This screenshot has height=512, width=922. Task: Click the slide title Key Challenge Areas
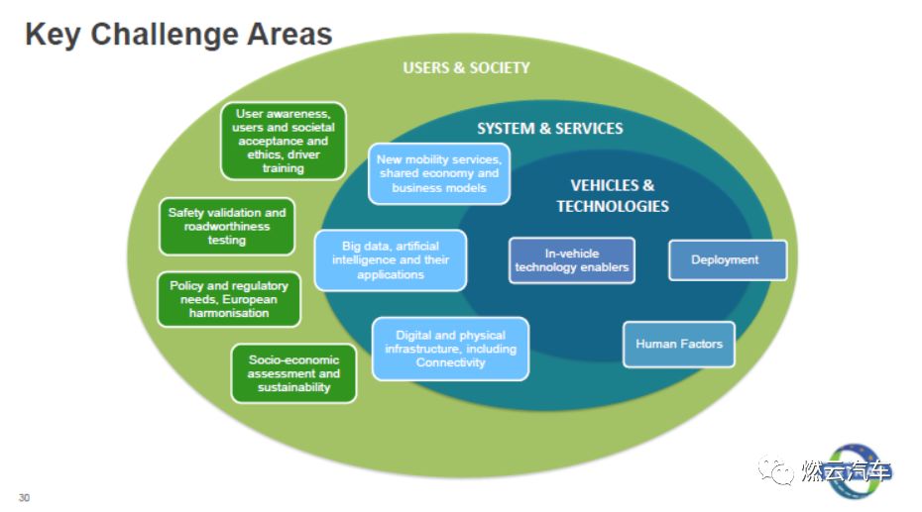[x=178, y=34]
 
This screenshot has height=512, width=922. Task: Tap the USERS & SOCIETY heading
[x=466, y=68]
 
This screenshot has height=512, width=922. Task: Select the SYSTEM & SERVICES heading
[x=550, y=129]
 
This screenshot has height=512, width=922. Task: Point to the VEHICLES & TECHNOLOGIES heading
[x=613, y=195]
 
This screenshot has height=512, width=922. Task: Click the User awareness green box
[x=284, y=141]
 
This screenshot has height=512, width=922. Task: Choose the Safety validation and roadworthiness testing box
[x=227, y=226]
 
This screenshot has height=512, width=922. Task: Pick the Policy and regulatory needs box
[x=229, y=299]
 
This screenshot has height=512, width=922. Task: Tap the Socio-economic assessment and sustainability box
[x=294, y=373]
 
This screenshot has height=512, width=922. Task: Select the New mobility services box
[x=439, y=173]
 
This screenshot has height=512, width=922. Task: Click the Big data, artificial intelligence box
[x=391, y=260]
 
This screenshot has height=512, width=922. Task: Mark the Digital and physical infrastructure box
[x=450, y=349]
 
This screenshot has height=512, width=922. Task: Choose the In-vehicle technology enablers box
[x=572, y=260]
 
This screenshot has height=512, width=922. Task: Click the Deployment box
[x=728, y=260]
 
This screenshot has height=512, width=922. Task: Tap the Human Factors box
[x=678, y=344]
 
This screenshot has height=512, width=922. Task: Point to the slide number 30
[x=24, y=498]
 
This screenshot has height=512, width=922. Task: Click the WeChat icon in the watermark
[x=775, y=470]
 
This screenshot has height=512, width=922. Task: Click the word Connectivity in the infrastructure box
[x=450, y=362]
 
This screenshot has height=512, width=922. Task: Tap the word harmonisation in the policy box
[x=229, y=313]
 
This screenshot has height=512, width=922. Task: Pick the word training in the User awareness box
[x=284, y=168]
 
